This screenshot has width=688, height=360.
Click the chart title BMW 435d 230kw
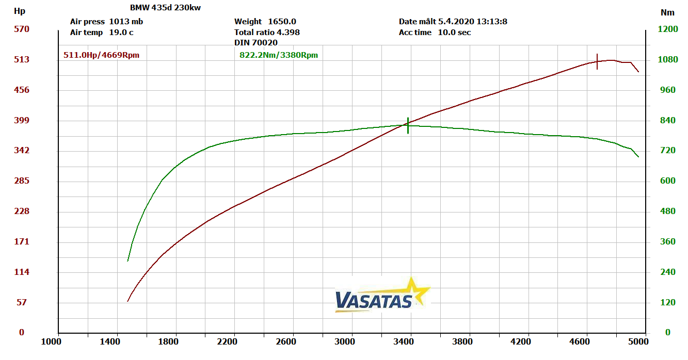(x=165, y=8)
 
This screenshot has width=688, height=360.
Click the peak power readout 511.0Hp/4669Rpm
(x=101, y=55)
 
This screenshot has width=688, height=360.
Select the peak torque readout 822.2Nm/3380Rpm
(x=279, y=55)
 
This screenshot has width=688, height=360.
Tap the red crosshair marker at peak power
(x=597, y=61)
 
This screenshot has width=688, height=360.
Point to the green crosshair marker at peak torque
(x=408, y=125)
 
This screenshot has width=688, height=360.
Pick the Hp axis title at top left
(x=19, y=11)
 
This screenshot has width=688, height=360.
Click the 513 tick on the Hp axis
(x=21, y=59)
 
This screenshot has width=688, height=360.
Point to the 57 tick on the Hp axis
(x=21, y=302)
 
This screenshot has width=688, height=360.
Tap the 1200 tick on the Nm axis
(x=668, y=29)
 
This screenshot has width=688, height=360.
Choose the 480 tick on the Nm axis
(x=668, y=211)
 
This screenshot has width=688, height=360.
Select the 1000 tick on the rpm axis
(x=52, y=341)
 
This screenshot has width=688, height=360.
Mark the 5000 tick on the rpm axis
(x=638, y=341)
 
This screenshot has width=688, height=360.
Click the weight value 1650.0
(x=282, y=22)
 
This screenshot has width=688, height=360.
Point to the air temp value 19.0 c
(x=121, y=32)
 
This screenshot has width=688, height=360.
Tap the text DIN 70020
(x=255, y=42)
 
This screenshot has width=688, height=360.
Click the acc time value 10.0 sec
(x=454, y=32)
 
